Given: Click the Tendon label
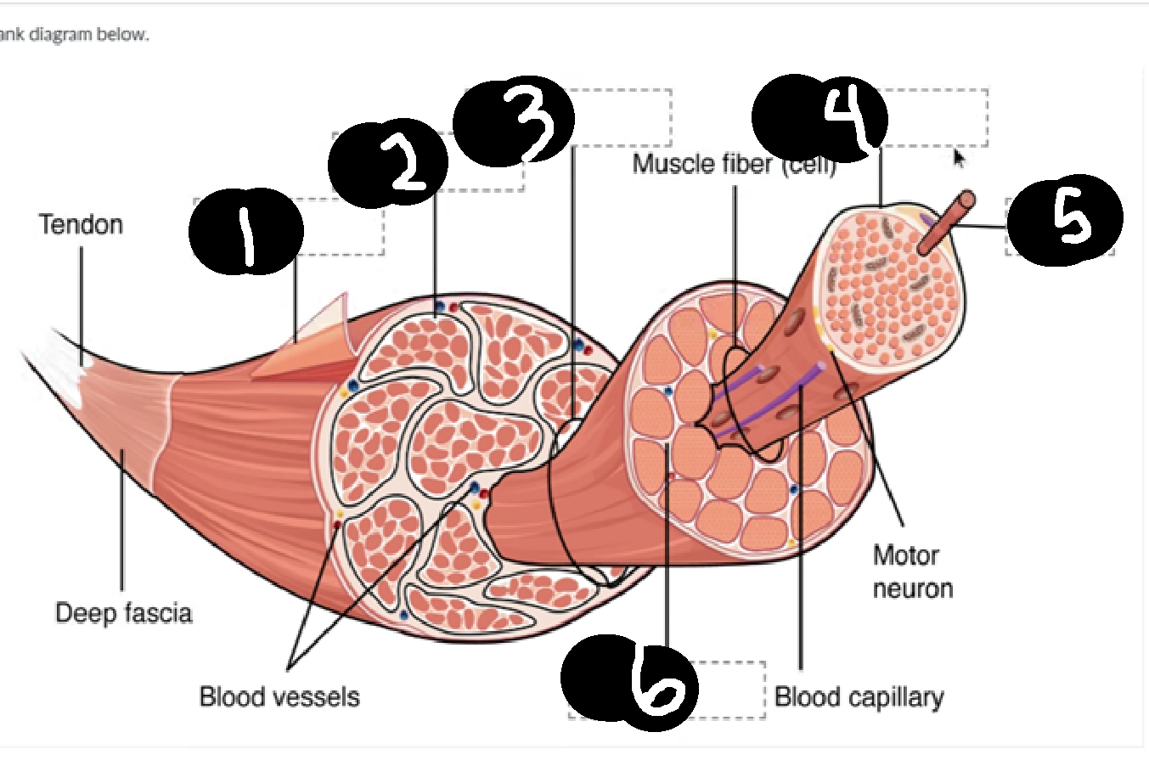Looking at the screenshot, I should click(x=81, y=225).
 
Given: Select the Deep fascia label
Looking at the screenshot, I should click(x=124, y=613).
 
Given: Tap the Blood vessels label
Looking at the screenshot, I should click(x=279, y=697).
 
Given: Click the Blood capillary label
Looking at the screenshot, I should click(x=859, y=697).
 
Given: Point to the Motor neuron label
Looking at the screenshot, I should click(x=912, y=572).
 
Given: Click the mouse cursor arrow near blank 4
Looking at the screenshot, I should click(x=958, y=157).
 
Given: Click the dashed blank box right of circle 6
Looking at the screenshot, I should click(x=730, y=690).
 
